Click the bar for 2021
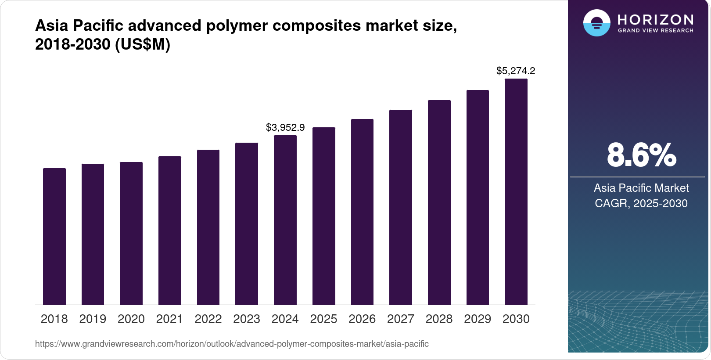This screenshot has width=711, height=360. tap(170, 230)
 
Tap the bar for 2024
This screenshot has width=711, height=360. tap(285, 220)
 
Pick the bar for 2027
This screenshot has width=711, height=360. tap(401, 207)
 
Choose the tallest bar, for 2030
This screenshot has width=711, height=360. tap(516, 192)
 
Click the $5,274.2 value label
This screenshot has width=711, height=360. tap(516, 71)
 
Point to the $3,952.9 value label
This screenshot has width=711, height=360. tap(285, 127)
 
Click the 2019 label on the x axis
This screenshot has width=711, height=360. tap(93, 319)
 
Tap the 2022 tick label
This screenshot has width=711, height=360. tap(208, 319)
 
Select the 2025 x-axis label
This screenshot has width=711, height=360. tap(323, 319)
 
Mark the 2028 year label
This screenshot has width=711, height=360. tap(439, 319)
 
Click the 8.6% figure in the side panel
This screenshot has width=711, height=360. tap(641, 155)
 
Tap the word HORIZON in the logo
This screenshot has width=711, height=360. tap(656, 19)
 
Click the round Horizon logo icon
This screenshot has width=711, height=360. tap(596, 23)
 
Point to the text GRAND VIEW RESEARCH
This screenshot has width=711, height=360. tap(656, 31)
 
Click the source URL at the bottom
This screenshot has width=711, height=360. tap(232, 344)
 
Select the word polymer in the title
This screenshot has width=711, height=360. tap(237, 25)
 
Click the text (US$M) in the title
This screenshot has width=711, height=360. tap(142, 44)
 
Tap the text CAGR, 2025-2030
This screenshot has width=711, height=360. tap(641, 203)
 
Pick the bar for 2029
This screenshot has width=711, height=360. tap(478, 198)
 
